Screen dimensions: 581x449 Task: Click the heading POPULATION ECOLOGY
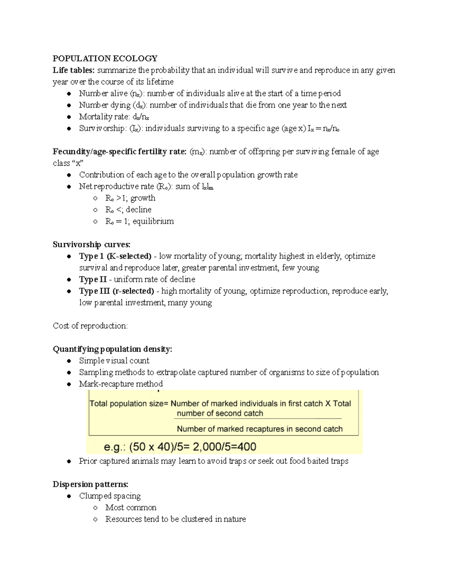(x=105, y=58)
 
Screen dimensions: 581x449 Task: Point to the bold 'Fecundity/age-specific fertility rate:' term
(x=119, y=152)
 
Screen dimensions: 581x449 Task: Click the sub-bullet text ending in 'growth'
(x=130, y=198)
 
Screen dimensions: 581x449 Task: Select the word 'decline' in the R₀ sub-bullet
(x=138, y=210)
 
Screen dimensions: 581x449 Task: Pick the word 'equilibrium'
(x=153, y=221)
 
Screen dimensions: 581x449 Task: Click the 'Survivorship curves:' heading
(x=91, y=245)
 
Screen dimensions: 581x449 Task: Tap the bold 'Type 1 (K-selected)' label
(x=115, y=256)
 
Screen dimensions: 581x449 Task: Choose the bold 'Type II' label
(x=93, y=279)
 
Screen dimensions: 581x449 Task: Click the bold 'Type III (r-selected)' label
(x=116, y=291)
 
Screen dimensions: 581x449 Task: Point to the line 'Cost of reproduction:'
(x=90, y=326)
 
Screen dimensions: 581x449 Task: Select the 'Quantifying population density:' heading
(x=112, y=349)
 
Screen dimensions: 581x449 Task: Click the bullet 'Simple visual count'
(x=114, y=361)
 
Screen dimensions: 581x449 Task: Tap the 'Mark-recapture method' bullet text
(x=121, y=384)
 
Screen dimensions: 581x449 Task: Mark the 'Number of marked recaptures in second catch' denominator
(x=260, y=429)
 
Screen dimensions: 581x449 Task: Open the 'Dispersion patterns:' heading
(x=90, y=484)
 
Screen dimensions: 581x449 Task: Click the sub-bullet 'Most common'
(x=131, y=508)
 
